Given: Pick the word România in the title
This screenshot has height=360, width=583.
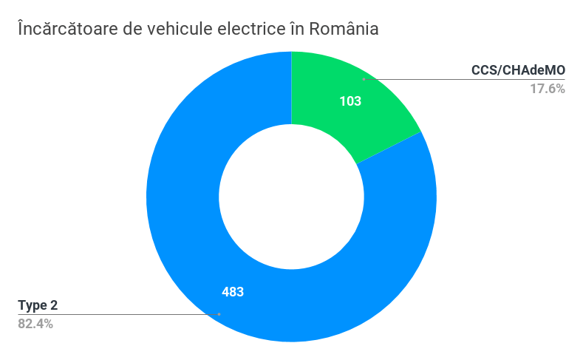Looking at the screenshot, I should click(x=342, y=29).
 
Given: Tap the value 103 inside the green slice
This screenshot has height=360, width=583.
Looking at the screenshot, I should click(x=350, y=101).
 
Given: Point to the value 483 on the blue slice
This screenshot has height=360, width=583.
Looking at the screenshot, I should click(x=233, y=291).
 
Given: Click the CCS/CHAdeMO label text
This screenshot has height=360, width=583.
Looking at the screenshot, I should click(x=518, y=70).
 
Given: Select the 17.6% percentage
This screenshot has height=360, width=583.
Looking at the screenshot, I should click(x=548, y=89).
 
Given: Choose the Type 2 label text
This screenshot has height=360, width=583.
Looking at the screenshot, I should click(x=37, y=305).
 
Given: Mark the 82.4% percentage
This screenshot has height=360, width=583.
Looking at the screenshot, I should click(x=35, y=324).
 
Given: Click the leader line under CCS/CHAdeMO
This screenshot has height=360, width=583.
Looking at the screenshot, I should click(x=466, y=79).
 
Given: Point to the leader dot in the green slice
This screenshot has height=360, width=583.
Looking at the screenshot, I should click(x=364, y=79).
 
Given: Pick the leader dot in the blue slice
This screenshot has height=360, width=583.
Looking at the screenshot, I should click(x=219, y=314).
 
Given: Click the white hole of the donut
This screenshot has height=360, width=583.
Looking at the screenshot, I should click(x=291, y=197).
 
